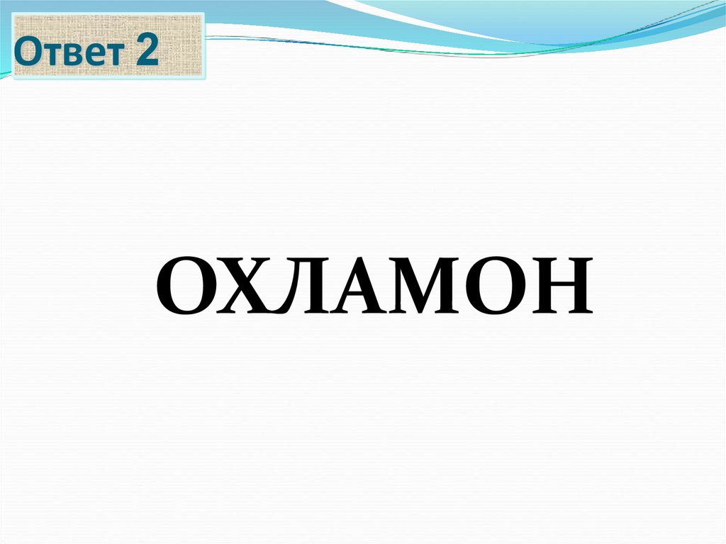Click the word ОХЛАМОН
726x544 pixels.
click(374, 286)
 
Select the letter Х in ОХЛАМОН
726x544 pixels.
click(248, 287)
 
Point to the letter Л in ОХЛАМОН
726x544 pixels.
click(305, 287)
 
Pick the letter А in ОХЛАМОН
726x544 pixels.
click(362, 287)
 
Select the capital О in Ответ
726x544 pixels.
click(28, 53)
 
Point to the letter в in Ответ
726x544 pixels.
click(69, 56)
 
